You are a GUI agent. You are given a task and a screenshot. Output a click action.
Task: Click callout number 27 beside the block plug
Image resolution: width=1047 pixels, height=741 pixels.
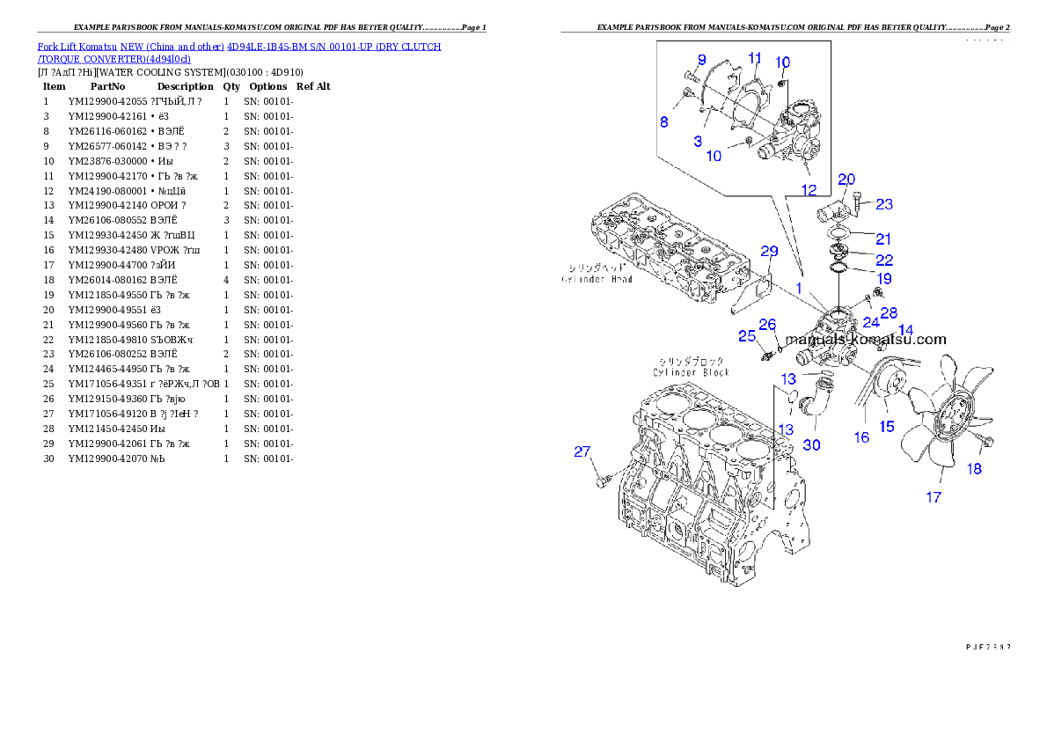582,452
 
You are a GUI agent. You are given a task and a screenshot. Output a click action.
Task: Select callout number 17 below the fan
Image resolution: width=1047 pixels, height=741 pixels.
934,497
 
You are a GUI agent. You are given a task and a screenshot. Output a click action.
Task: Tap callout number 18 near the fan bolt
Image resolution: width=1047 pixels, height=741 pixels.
974,469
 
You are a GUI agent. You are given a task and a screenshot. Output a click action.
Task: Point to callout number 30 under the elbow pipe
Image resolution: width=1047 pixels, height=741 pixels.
811,445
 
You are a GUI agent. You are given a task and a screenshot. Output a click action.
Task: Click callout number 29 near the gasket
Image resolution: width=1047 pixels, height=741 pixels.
769,252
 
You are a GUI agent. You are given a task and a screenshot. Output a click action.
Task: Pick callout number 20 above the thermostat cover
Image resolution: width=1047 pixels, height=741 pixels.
846,180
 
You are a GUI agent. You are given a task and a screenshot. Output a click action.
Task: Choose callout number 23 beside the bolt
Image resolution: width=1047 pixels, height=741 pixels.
884,204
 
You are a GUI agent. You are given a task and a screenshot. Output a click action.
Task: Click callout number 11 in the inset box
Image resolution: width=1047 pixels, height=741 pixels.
755,58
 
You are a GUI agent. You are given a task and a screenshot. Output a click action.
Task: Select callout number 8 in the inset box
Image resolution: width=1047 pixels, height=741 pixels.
665,122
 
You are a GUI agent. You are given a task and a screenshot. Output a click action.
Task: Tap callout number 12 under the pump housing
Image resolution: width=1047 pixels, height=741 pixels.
809,189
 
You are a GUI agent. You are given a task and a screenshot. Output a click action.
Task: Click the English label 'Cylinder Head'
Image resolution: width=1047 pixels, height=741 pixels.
597,279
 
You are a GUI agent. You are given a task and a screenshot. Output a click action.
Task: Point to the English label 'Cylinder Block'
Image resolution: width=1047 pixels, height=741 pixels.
691,372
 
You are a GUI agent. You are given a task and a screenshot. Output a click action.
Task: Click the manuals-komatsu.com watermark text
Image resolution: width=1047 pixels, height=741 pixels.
866,340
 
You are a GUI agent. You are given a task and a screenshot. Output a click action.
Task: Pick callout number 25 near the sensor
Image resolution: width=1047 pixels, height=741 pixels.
747,335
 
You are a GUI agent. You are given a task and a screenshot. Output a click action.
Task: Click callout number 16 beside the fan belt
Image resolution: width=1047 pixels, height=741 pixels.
861,437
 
